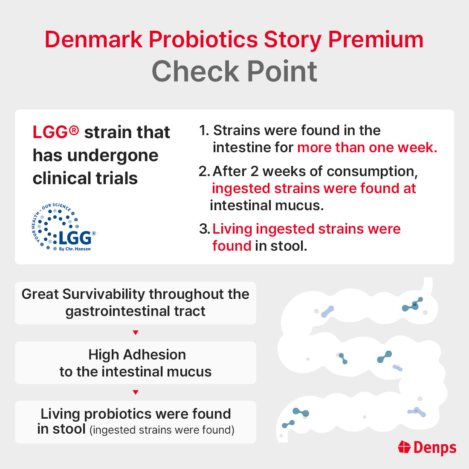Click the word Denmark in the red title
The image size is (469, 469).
click(x=93, y=40)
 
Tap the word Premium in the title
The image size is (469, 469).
click(x=376, y=40)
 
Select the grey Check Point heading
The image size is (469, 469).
click(x=234, y=71)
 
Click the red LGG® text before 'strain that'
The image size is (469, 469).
click(x=56, y=133)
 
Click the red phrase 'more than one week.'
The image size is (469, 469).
click(x=367, y=148)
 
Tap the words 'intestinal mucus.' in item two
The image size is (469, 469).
click(x=267, y=206)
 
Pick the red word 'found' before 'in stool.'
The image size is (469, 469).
click(x=232, y=246)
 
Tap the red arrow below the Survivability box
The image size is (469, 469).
click(x=136, y=333)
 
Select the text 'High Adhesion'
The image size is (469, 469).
click(x=137, y=355)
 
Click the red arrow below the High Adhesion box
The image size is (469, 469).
click(x=136, y=392)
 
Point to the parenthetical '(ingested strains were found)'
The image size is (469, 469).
click(x=162, y=430)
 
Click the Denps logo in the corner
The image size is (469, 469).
click(x=427, y=447)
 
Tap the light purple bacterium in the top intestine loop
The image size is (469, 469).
click(x=327, y=312)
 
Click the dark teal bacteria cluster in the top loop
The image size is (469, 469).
click(x=412, y=305)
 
